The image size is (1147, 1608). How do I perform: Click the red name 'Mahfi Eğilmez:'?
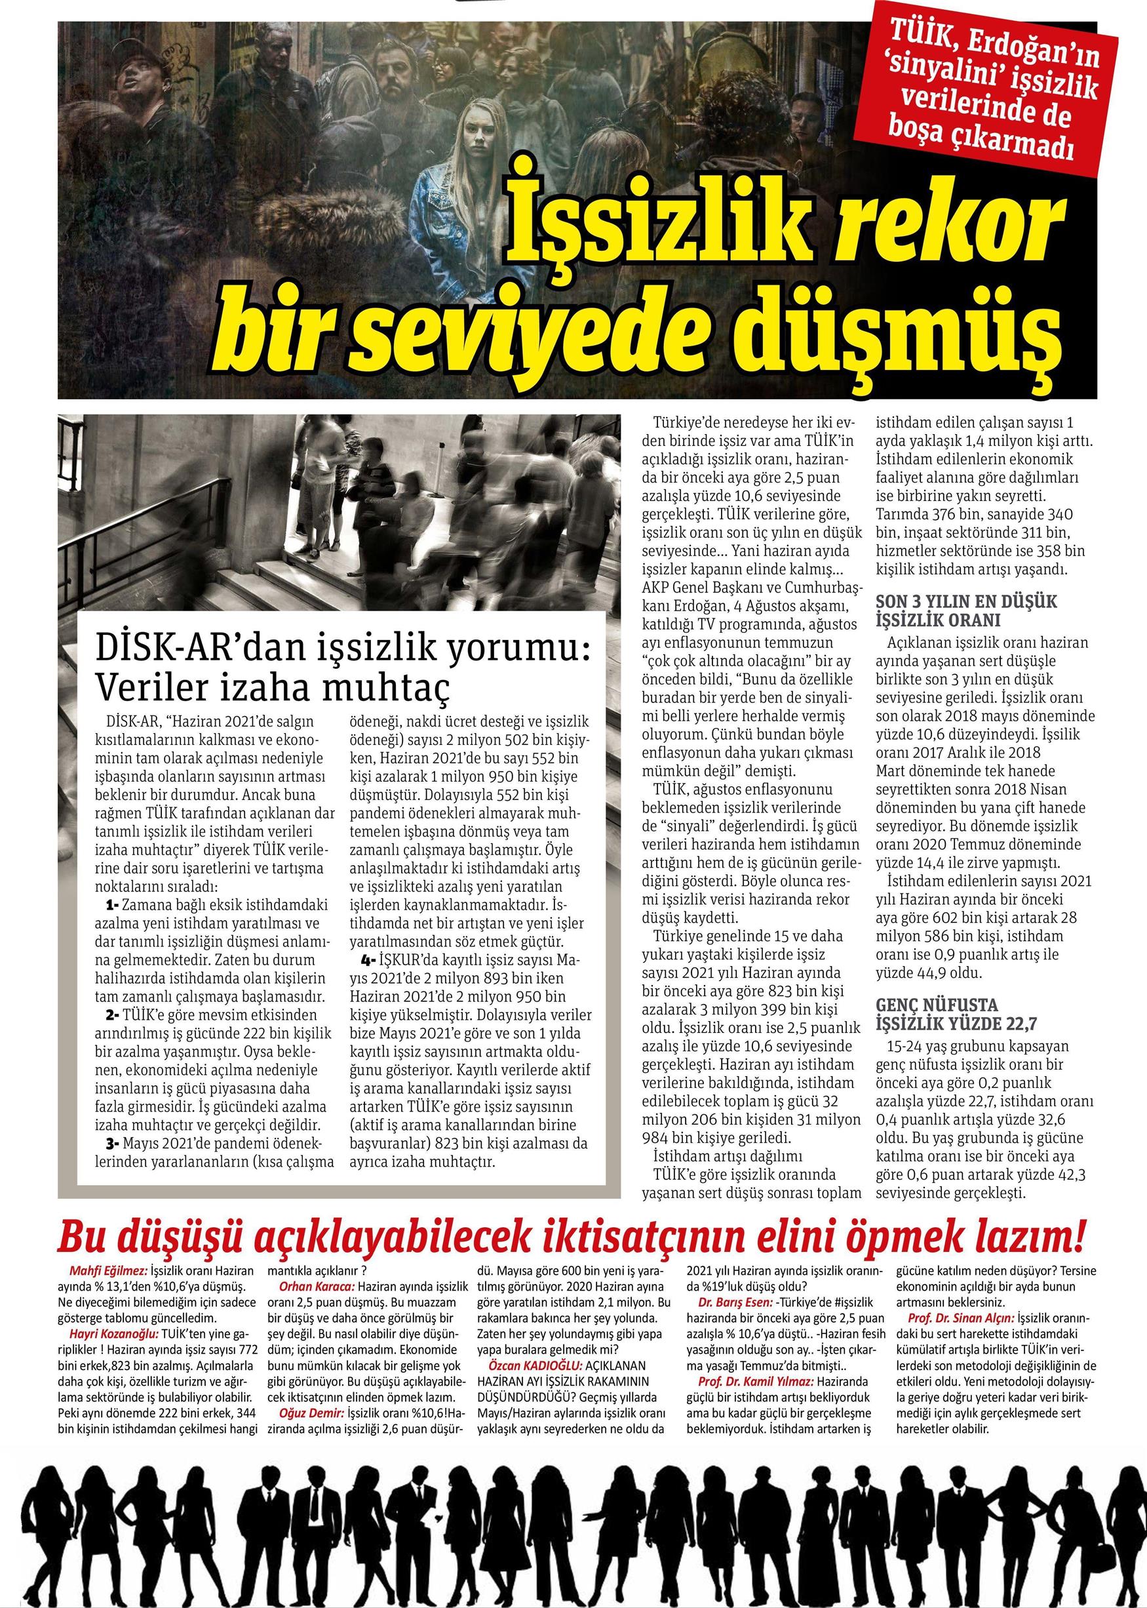coord(109,1270)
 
